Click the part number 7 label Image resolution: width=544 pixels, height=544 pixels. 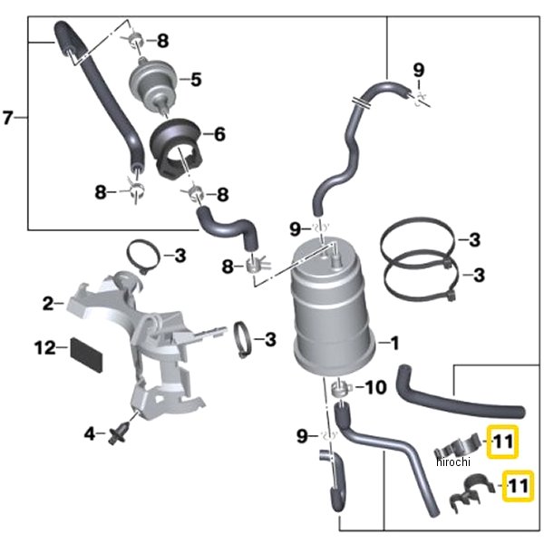[x=9, y=118]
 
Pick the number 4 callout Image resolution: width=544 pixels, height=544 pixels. [x=89, y=434]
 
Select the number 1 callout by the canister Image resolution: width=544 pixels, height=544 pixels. [x=393, y=343]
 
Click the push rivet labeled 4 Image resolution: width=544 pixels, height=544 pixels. [x=115, y=435]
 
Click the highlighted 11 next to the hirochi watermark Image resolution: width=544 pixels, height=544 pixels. [x=502, y=442]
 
